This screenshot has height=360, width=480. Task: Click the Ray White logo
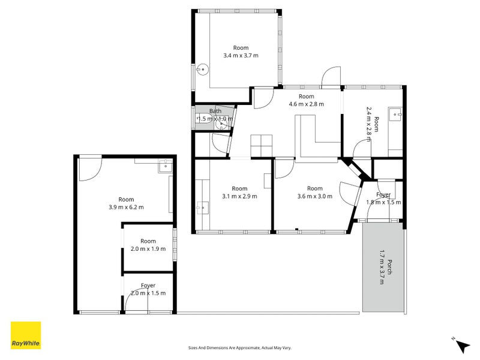[x=26, y=335]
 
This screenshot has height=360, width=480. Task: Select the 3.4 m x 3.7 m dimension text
[x=241, y=56]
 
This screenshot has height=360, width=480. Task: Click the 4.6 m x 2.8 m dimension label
[x=306, y=104]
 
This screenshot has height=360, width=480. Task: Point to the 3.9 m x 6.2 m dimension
[x=126, y=207]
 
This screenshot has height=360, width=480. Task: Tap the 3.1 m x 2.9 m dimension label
[x=239, y=196]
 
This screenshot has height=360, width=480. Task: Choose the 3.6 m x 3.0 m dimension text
[x=314, y=196]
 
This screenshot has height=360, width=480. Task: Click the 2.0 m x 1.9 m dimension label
[x=148, y=249]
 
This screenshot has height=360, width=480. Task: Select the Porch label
[x=389, y=267]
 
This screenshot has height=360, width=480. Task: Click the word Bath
[x=215, y=111]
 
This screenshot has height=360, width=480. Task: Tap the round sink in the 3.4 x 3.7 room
[x=202, y=69]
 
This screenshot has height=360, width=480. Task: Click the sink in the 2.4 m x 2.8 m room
[x=395, y=114]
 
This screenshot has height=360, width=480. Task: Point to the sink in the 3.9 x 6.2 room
[x=166, y=166]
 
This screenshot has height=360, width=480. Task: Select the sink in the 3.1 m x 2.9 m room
[x=203, y=208]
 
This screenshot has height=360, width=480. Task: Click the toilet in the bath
[x=203, y=118]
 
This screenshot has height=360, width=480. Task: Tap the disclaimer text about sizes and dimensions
[x=239, y=348]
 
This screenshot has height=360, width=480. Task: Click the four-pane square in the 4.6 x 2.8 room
[x=262, y=146]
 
